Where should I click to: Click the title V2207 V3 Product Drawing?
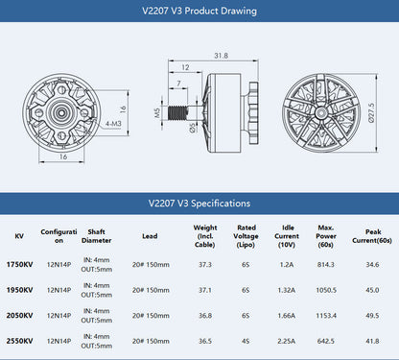click(x=199, y=12)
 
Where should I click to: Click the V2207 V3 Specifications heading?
click(x=199, y=204)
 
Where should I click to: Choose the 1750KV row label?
click(x=19, y=264)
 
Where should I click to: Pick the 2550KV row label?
click(x=19, y=340)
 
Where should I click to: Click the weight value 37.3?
click(x=205, y=264)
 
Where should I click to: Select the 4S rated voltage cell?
click(x=246, y=340)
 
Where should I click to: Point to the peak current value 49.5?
click(x=372, y=315)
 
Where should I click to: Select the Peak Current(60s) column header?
click(x=372, y=236)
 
